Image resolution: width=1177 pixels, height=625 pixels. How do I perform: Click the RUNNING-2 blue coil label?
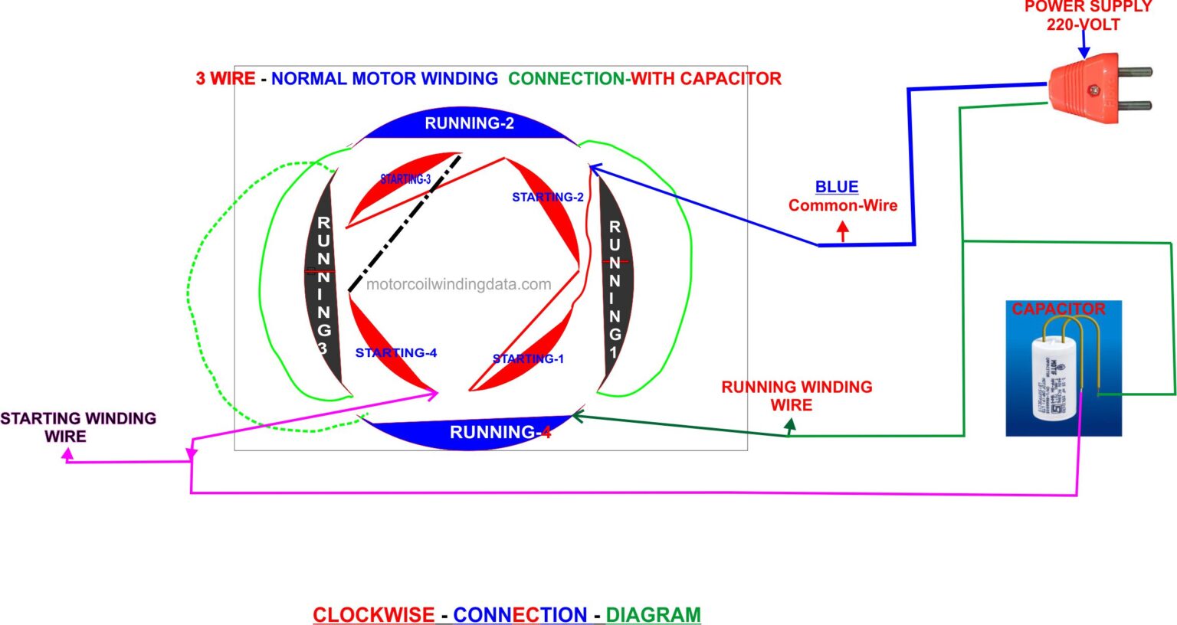[x=469, y=123]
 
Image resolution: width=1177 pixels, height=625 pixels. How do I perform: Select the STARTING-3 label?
[x=405, y=179]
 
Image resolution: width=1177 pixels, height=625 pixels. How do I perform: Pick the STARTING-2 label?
[x=547, y=197]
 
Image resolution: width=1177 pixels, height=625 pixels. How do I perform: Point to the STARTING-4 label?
[x=395, y=352]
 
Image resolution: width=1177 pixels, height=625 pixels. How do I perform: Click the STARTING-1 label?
[x=528, y=358]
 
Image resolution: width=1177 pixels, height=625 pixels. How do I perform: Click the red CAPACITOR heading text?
[x=1058, y=309]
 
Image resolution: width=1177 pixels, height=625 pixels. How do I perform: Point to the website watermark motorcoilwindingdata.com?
[x=458, y=284]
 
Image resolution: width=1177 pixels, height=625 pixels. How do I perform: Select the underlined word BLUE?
[x=836, y=187]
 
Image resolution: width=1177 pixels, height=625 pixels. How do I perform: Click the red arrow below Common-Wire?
[x=843, y=231]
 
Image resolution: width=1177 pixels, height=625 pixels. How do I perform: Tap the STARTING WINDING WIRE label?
[x=77, y=427]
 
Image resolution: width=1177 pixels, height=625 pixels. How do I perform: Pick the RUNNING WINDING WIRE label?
[x=796, y=395]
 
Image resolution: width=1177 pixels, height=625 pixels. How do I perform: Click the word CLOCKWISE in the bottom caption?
[x=373, y=614]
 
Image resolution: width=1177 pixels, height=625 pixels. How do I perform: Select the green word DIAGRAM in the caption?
[x=653, y=614]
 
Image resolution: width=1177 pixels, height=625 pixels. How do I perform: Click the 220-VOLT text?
[x=1083, y=25]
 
